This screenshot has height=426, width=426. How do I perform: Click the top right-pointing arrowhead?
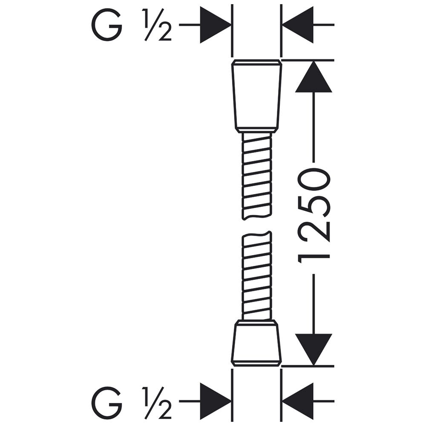pyautogui.click(x=216, y=25)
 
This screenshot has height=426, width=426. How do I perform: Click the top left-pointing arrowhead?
pyautogui.click(x=298, y=25)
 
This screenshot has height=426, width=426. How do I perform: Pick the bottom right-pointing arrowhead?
pyautogui.click(x=216, y=401)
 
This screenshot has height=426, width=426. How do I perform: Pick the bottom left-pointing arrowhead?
pyautogui.click(x=298, y=401)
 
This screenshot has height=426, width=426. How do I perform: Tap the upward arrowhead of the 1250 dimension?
pyautogui.click(x=314, y=77)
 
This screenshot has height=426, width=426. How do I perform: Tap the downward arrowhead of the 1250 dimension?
pyautogui.click(x=314, y=350)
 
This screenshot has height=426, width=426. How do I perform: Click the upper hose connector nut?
pyautogui.click(x=256, y=96)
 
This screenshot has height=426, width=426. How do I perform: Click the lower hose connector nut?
pyautogui.click(x=256, y=343)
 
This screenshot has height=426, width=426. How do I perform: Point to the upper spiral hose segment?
pyautogui.click(x=256, y=176)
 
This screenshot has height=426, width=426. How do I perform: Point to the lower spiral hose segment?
pyautogui.click(x=256, y=276)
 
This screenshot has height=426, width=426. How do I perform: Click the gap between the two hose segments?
pyautogui.click(x=256, y=226)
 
